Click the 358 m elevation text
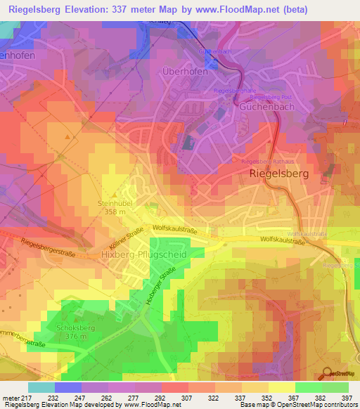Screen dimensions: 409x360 pos(115,212)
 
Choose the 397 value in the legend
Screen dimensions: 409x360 pos(345,397)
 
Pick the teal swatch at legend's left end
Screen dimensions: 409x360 pos(41,387)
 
